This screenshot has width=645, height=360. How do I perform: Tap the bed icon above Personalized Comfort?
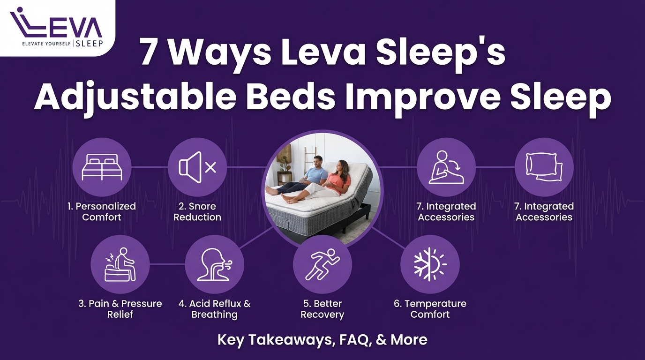(102, 167)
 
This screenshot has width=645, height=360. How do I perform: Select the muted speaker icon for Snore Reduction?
(197, 167)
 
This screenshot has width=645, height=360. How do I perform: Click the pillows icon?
(544, 167)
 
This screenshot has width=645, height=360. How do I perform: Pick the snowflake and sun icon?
(430, 264)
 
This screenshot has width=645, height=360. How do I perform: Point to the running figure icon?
(322, 264)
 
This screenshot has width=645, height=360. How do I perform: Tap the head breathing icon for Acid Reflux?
(214, 264)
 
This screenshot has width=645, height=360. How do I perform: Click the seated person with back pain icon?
(120, 264)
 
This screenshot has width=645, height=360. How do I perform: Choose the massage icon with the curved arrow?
(446, 167)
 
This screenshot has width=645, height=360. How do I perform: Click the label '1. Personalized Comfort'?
(102, 211)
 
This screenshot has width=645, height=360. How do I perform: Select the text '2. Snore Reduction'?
(197, 211)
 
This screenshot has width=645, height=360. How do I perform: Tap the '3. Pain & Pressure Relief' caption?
(120, 309)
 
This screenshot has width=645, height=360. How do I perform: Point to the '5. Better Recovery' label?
(322, 309)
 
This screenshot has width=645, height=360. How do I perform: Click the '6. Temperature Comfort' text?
(430, 309)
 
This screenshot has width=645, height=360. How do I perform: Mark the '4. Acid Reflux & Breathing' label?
(214, 309)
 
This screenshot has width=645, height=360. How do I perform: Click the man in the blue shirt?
(316, 173)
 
